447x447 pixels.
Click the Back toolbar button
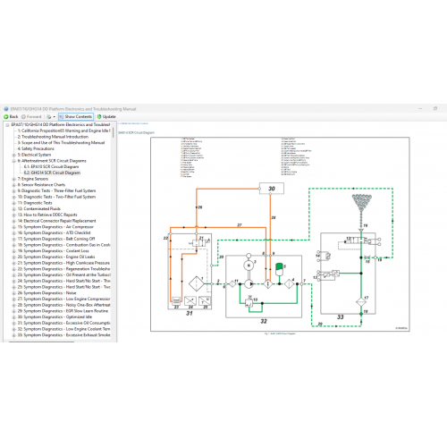click(x=13, y=116)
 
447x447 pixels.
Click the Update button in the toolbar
click(x=106, y=116)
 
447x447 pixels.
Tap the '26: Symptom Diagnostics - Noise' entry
click(x=54, y=294)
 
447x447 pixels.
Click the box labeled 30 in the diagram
click(x=272, y=189)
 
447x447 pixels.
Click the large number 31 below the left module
click(x=189, y=312)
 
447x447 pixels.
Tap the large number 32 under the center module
click(x=264, y=320)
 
